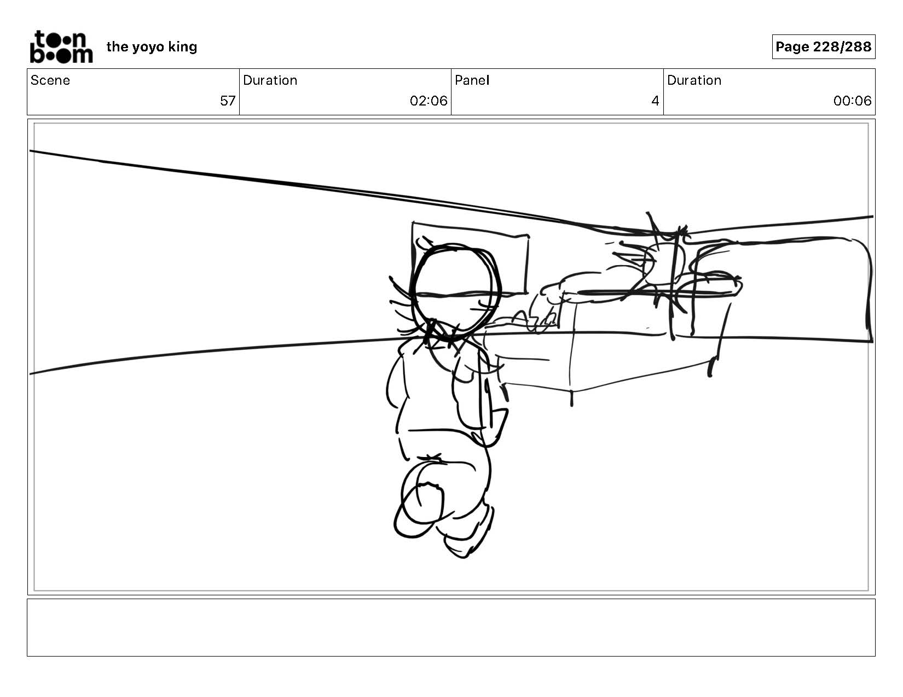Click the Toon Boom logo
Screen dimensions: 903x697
[61, 47]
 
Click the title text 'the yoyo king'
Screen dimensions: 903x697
[152, 47]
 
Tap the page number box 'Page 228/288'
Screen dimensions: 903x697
[823, 46]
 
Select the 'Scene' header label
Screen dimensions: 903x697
[50, 80]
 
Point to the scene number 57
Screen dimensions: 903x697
[228, 101]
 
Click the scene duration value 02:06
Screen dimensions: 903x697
[429, 101]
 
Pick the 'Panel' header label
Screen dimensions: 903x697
[472, 80]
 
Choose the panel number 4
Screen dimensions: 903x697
[655, 101]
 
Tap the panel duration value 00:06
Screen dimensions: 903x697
[852, 101]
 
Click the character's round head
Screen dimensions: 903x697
[456, 292]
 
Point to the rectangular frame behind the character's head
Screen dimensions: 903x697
[471, 259]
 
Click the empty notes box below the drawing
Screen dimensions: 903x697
[451, 627]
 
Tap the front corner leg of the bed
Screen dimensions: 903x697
[571, 398]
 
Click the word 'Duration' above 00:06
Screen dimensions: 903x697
[694, 80]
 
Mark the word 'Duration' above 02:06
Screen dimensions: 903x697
[270, 80]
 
